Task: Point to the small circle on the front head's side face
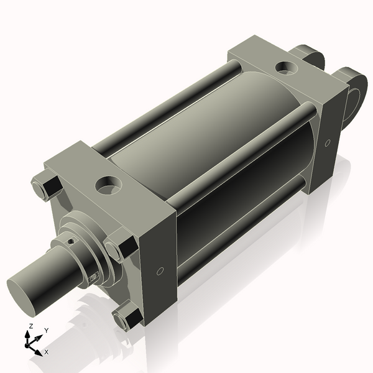coord(160,272)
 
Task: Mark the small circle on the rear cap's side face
coord(327,143)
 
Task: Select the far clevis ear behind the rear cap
coord(311,56)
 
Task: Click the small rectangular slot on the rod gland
coord(95,277)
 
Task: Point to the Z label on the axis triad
coord(31,326)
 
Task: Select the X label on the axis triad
coord(46,352)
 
